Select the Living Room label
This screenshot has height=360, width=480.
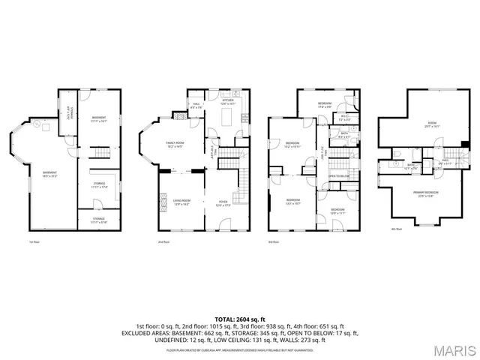(x=181, y=201)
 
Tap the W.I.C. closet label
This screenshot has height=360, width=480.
(x=343, y=117)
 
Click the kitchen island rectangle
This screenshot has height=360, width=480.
(x=226, y=118)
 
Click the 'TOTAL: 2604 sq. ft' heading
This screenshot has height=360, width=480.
(x=240, y=319)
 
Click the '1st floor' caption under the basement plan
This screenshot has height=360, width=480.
(x=33, y=241)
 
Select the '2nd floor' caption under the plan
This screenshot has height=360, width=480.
(x=163, y=241)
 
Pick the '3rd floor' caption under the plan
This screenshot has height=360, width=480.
(x=274, y=241)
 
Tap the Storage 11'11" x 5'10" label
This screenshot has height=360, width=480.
(x=99, y=221)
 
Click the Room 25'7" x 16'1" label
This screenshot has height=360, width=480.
(x=431, y=124)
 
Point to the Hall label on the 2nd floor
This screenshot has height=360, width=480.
(x=196, y=106)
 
